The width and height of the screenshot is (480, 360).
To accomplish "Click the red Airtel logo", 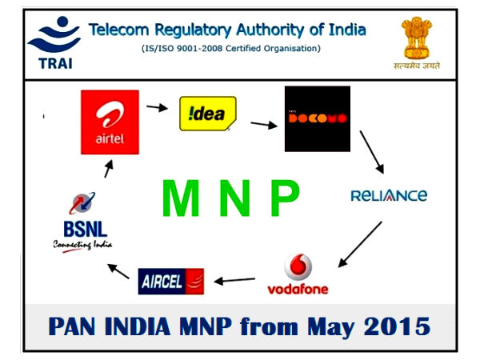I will [110, 122].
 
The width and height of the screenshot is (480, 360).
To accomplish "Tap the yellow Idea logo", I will [207, 113].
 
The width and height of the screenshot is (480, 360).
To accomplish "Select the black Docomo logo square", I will [317, 118].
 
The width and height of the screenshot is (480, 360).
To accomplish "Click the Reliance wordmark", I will [389, 195].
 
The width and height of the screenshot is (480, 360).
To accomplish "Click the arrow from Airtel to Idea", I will [158, 106].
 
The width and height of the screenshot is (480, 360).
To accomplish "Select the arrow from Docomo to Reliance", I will [373, 154].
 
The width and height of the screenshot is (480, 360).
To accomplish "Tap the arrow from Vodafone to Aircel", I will [239, 281].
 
